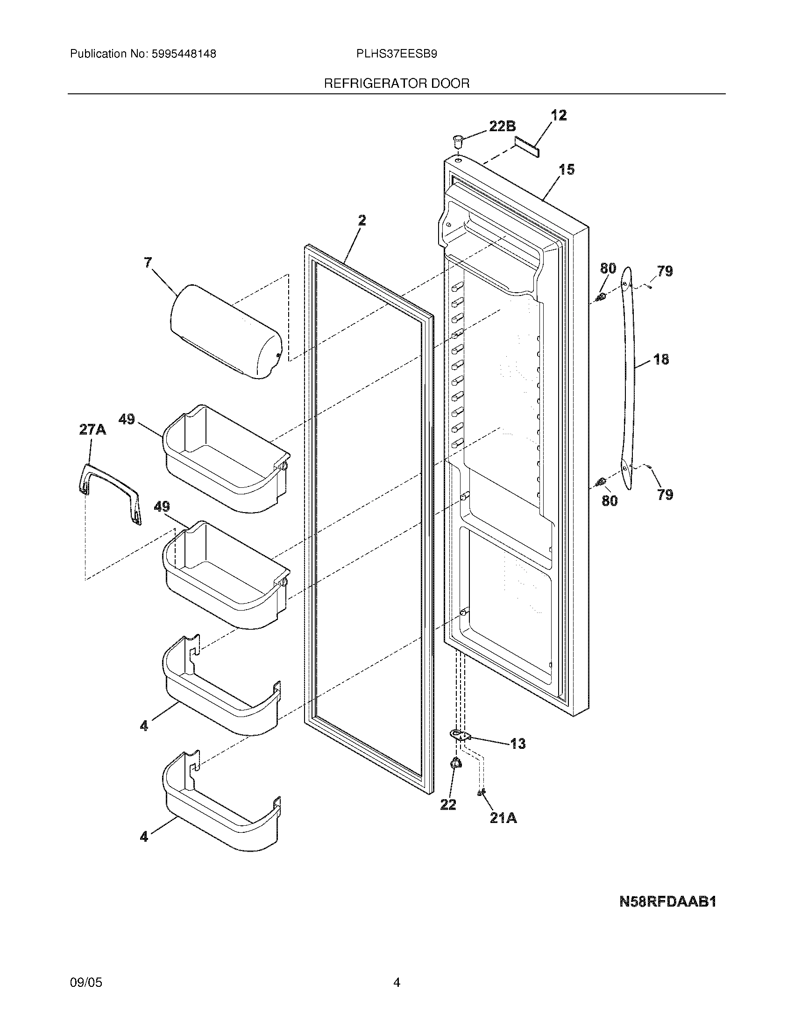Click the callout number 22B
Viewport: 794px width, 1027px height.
pos(502,126)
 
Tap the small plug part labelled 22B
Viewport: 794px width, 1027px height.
pos(457,139)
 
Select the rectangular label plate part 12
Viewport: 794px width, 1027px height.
pos(526,147)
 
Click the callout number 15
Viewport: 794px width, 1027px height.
pos(567,169)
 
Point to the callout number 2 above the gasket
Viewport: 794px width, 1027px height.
pos(361,220)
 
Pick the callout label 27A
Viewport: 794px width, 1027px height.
pos(92,429)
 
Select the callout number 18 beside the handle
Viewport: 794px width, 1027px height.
pos(661,359)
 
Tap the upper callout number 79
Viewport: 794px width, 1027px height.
pos(665,271)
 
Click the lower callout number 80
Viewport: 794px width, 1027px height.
pos(609,501)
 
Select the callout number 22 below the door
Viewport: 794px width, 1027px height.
pos(448,805)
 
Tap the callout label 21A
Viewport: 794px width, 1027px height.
pos(503,818)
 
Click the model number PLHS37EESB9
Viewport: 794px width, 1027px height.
pos(397,54)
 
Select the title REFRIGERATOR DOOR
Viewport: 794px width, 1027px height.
pos(397,84)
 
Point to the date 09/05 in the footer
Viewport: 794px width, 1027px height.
pos(85,982)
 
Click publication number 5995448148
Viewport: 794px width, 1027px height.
pos(184,54)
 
